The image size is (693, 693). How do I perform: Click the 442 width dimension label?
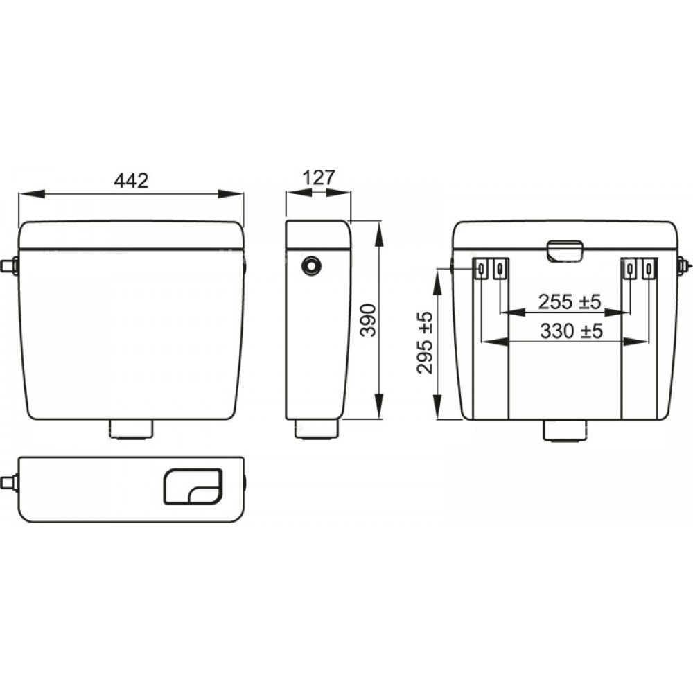click(131, 180)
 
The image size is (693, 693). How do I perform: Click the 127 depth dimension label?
click(319, 177)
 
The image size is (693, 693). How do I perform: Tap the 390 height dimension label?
click(368, 320)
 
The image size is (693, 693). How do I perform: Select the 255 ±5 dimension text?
click(569, 302)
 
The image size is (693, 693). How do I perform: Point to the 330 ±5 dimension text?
click(572, 331)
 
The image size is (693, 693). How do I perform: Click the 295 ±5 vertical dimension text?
click(426, 342)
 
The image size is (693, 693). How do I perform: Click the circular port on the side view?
click(311, 265)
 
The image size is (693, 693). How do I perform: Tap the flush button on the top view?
click(193, 486)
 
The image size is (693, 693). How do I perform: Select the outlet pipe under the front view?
click(130, 430)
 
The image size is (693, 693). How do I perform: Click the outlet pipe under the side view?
click(317, 429)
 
